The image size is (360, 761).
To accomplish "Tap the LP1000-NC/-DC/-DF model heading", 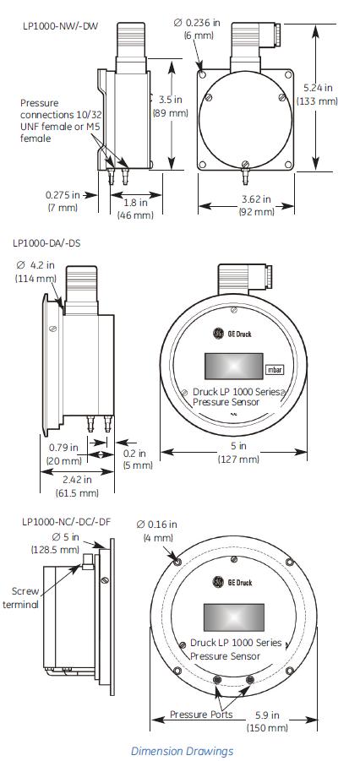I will [x=66, y=521].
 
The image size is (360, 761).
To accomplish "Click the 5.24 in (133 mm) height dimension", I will [x=320, y=94].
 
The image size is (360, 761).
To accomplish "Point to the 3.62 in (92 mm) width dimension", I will [x=254, y=205].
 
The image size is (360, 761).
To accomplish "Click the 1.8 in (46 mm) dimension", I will [x=135, y=209].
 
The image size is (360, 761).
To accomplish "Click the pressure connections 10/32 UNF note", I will [x=54, y=120].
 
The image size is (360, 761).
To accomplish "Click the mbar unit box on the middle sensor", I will [x=275, y=370].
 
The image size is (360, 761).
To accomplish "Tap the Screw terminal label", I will [x=21, y=597].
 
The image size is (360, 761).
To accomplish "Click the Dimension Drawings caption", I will [x=182, y=750].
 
